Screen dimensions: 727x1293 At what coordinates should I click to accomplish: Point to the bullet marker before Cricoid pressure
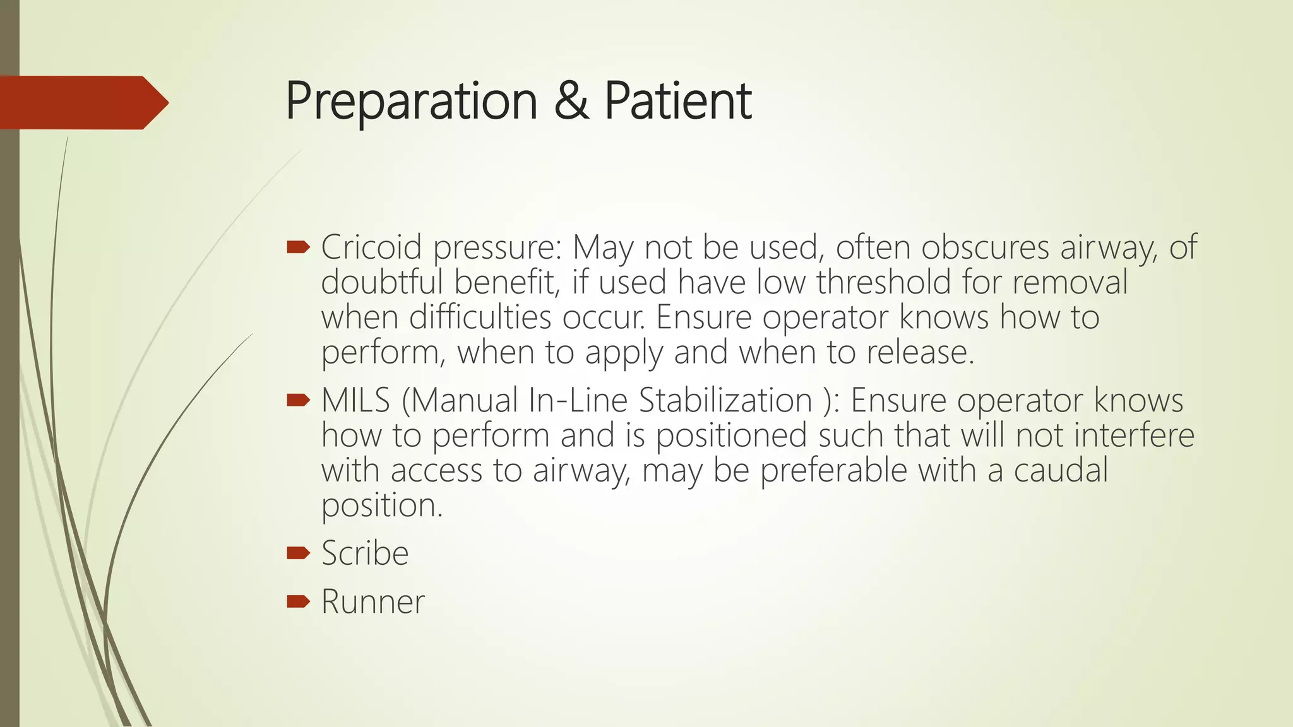(x=298, y=247)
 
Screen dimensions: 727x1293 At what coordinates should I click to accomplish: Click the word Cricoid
(x=371, y=247)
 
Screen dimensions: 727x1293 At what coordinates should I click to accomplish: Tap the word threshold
(x=883, y=281)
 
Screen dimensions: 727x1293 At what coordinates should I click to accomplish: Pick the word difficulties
(x=480, y=317)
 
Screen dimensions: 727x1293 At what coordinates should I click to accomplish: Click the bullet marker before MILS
(x=298, y=399)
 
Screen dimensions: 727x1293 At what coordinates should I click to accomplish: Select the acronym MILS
(x=355, y=400)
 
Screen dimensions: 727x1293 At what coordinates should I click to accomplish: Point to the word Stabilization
(x=725, y=400)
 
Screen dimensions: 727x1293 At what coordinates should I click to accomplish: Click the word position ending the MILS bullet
(x=381, y=505)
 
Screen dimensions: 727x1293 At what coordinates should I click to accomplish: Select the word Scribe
(x=365, y=553)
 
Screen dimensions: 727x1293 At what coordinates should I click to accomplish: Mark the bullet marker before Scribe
(x=298, y=553)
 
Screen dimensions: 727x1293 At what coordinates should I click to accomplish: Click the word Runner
(x=372, y=601)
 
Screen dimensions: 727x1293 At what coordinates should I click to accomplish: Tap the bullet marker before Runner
(x=298, y=601)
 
